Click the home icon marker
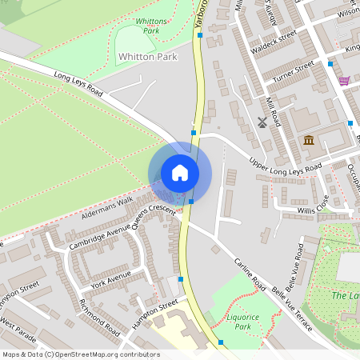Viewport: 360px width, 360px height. (x=180, y=173)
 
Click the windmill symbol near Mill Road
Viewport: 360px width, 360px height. (x=262, y=122)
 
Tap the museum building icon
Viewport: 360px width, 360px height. (x=308, y=142)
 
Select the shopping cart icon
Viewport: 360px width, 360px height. (x=344, y=81)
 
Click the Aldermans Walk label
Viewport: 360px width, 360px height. (x=107, y=209)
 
